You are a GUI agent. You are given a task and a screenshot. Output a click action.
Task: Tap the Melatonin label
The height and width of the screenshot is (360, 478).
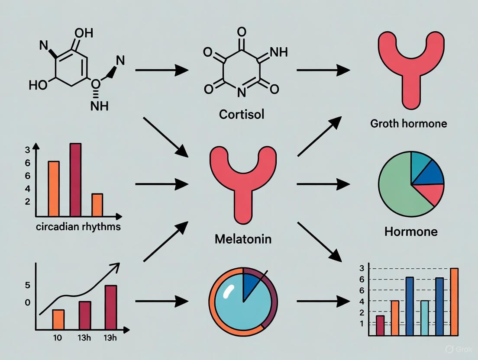243,238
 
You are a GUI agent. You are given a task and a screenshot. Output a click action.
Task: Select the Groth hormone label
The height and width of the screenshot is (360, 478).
408,123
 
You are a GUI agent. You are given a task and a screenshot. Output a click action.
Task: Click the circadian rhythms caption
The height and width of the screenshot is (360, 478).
78,226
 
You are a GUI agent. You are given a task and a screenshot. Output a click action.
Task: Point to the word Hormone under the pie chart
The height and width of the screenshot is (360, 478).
411,231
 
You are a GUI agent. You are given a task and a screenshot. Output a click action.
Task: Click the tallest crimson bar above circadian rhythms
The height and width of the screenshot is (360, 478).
75,179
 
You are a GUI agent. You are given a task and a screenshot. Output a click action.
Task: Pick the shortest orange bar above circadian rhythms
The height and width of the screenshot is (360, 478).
97,205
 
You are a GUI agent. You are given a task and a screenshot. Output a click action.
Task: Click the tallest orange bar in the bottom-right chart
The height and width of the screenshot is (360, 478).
454,302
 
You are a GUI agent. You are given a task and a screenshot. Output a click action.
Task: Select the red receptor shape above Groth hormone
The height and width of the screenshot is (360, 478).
409,65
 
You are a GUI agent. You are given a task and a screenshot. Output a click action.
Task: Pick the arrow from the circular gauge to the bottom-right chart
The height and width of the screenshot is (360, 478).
323,301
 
